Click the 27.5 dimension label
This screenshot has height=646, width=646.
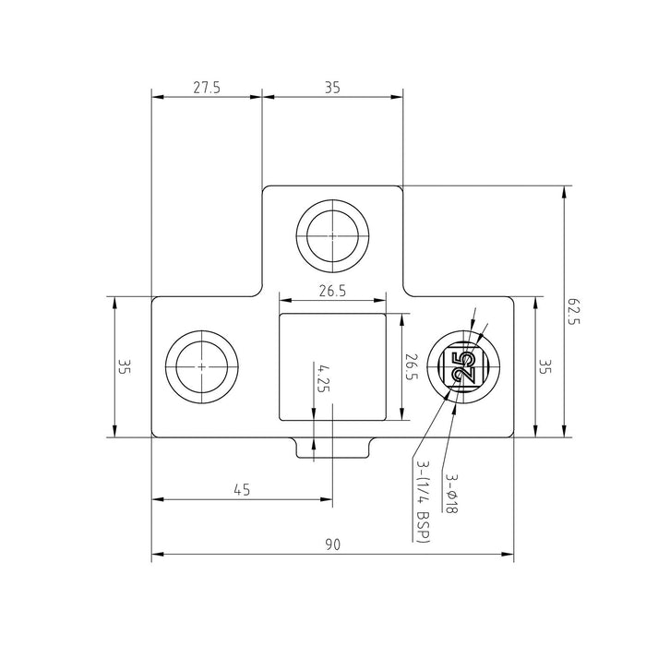coord(206,88)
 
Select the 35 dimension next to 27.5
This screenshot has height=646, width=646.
coord(332,88)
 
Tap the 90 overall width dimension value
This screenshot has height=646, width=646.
coord(332,545)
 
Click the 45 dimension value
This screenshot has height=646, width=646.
coord(242,491)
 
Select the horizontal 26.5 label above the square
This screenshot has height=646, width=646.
coord(332,292)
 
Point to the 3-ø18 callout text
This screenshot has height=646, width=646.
coord(450,494)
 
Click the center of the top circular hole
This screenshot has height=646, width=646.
coord(332,234)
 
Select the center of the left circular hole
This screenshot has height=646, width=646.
coord(201,366)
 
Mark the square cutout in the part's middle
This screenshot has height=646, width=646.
coord(332,365)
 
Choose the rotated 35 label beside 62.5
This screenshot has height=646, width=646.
coord(544,366)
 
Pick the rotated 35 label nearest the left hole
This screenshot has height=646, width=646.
coord(124,366)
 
